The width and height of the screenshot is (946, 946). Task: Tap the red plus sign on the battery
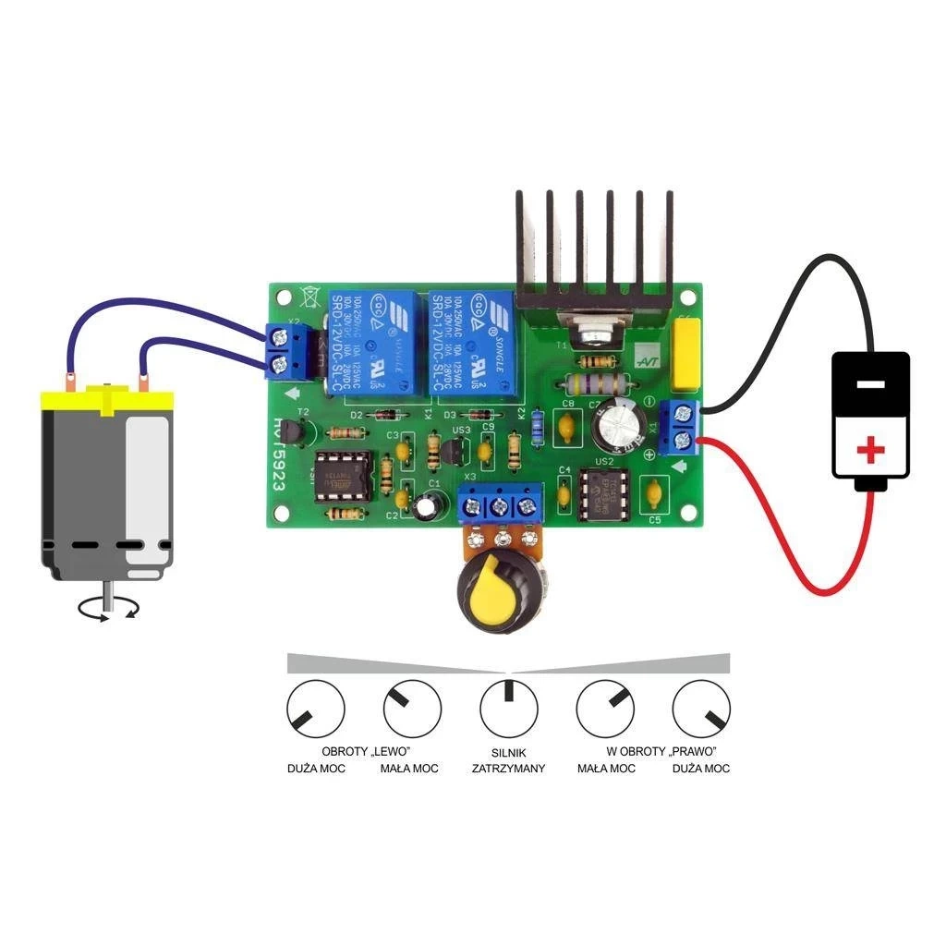coord(869,450)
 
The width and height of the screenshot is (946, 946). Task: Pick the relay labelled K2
coord(470,345)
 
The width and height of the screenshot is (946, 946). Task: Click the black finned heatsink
coord(593,249)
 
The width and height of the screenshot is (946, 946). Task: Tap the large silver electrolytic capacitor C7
coord(618,424)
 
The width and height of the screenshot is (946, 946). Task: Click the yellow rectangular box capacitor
coord(688,354)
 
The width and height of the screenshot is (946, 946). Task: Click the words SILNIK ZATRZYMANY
coord(508,760)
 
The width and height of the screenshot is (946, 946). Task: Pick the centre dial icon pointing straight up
coord(508,709)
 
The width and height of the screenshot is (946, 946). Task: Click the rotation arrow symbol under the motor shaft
coord(107,607)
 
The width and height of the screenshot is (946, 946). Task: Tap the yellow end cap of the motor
coord(107,400)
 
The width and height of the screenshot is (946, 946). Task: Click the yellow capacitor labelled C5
coord(654,491)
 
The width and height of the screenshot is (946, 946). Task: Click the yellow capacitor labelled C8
coord(568,426)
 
